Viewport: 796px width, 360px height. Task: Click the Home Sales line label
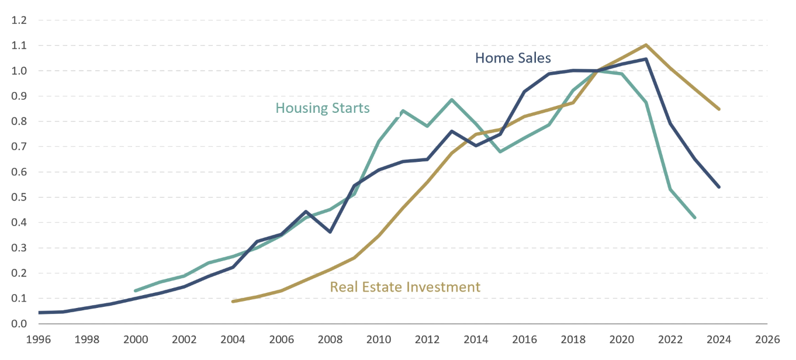coord(513,58)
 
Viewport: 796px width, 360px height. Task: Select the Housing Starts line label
coord(322,108)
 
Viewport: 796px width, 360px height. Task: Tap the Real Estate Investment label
coord(405,287)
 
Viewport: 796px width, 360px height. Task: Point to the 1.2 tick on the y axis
coord(19,20)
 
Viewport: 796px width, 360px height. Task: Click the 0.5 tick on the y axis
coord(19,198)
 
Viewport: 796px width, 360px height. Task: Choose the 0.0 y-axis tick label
coord(19,324)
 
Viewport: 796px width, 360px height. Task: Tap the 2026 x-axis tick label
coord(767,338)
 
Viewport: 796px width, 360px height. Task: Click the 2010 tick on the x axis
coord(379,338)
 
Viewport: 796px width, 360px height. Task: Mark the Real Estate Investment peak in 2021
coord(646,44)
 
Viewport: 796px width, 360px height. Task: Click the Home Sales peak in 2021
coord(646,59)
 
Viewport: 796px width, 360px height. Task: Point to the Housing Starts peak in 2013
coord(452,99)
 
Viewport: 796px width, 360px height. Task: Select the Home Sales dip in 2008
coord(330,232)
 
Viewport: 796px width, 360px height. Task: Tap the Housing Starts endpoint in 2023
coord(694,217)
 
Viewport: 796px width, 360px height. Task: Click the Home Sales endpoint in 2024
coord(719,187)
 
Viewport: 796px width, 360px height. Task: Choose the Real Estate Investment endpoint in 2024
coord(719,109)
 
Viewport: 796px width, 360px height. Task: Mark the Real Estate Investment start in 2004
coord(233,302)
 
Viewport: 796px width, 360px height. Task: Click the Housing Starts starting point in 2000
coord(136,290)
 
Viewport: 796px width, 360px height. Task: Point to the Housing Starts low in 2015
coord(500,152)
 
